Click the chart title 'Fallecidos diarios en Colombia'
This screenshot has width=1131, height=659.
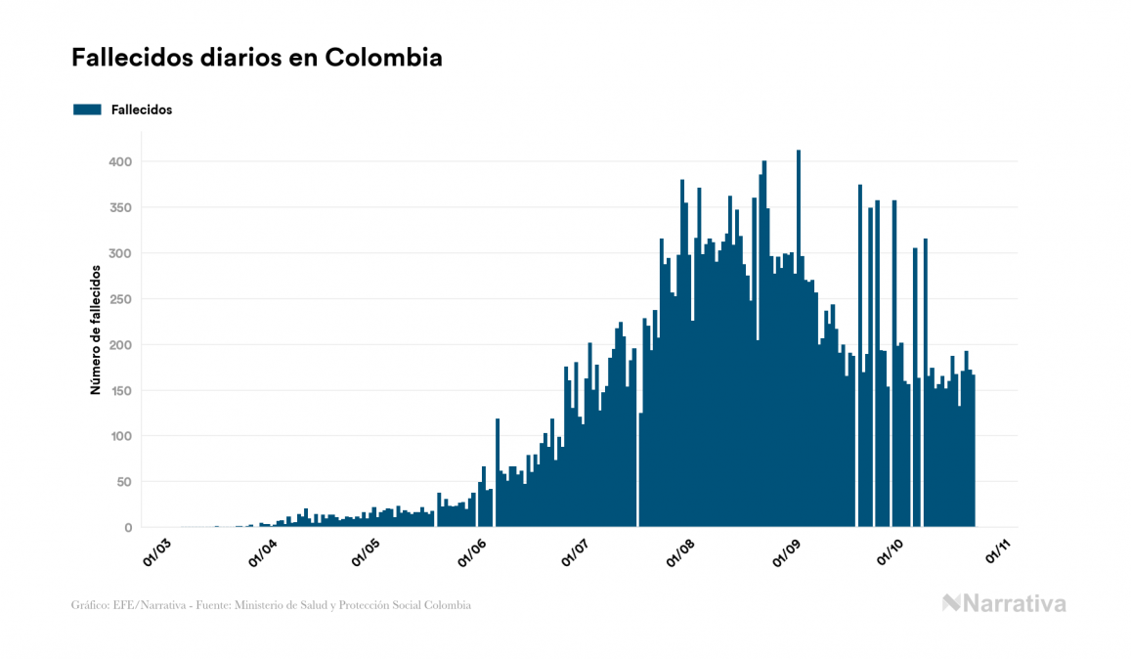click(257, 58)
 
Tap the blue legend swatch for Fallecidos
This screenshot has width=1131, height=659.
click(87, 110)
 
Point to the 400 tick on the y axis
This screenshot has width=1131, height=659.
click(120, 161)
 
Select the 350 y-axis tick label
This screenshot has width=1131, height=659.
click(120, 207)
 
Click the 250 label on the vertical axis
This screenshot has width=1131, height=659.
click(120, 299)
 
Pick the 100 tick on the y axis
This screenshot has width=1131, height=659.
click(120, 436)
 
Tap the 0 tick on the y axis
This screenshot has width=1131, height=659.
click(128, 528)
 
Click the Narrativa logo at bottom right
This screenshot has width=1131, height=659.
click(1004, 603)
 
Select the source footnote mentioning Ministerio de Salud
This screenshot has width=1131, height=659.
click(271, 605)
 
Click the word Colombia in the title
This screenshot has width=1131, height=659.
click(383, 58)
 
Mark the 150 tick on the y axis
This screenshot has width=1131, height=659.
click(120, 390)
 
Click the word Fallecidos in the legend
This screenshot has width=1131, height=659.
click(142, 110)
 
